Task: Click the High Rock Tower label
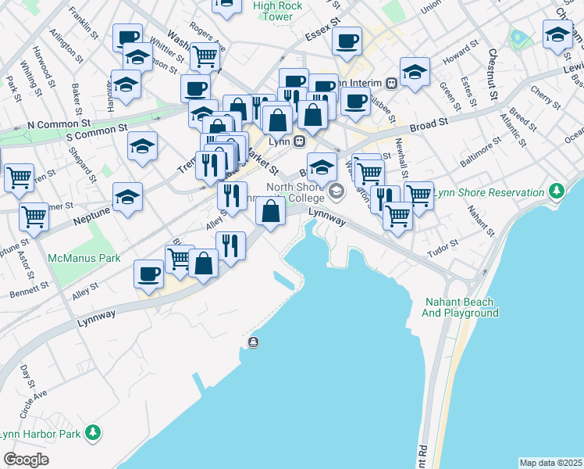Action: pyautogui.click(x=279, y=11)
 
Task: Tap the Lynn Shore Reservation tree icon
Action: pyautogui.click(x=556, y=191)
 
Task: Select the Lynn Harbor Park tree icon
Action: pyautogui.click(x=93, y=432)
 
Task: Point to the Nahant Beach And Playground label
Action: pyautogui.click(x=461, y=307)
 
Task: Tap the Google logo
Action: pyautogui.click(x=26, y=460)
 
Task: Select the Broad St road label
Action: pyautogui.click(x=429, y=124)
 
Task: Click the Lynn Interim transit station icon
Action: pyautogui.click(x=390, y=84)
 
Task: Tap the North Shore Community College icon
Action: pyautogui.click(x=337, y=191)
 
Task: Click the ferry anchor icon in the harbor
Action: pyautogui.click(x=254, y=342)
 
